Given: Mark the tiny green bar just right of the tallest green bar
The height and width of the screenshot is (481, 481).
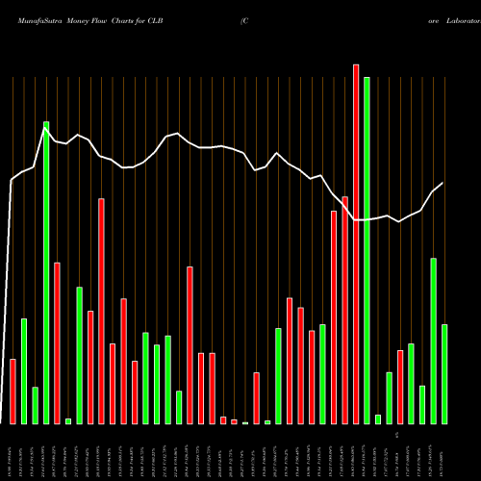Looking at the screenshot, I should click(378, 419).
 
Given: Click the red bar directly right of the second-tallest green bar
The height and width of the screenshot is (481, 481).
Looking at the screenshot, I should click(57, 342).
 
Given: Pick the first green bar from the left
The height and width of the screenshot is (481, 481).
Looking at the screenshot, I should click(24, 371).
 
